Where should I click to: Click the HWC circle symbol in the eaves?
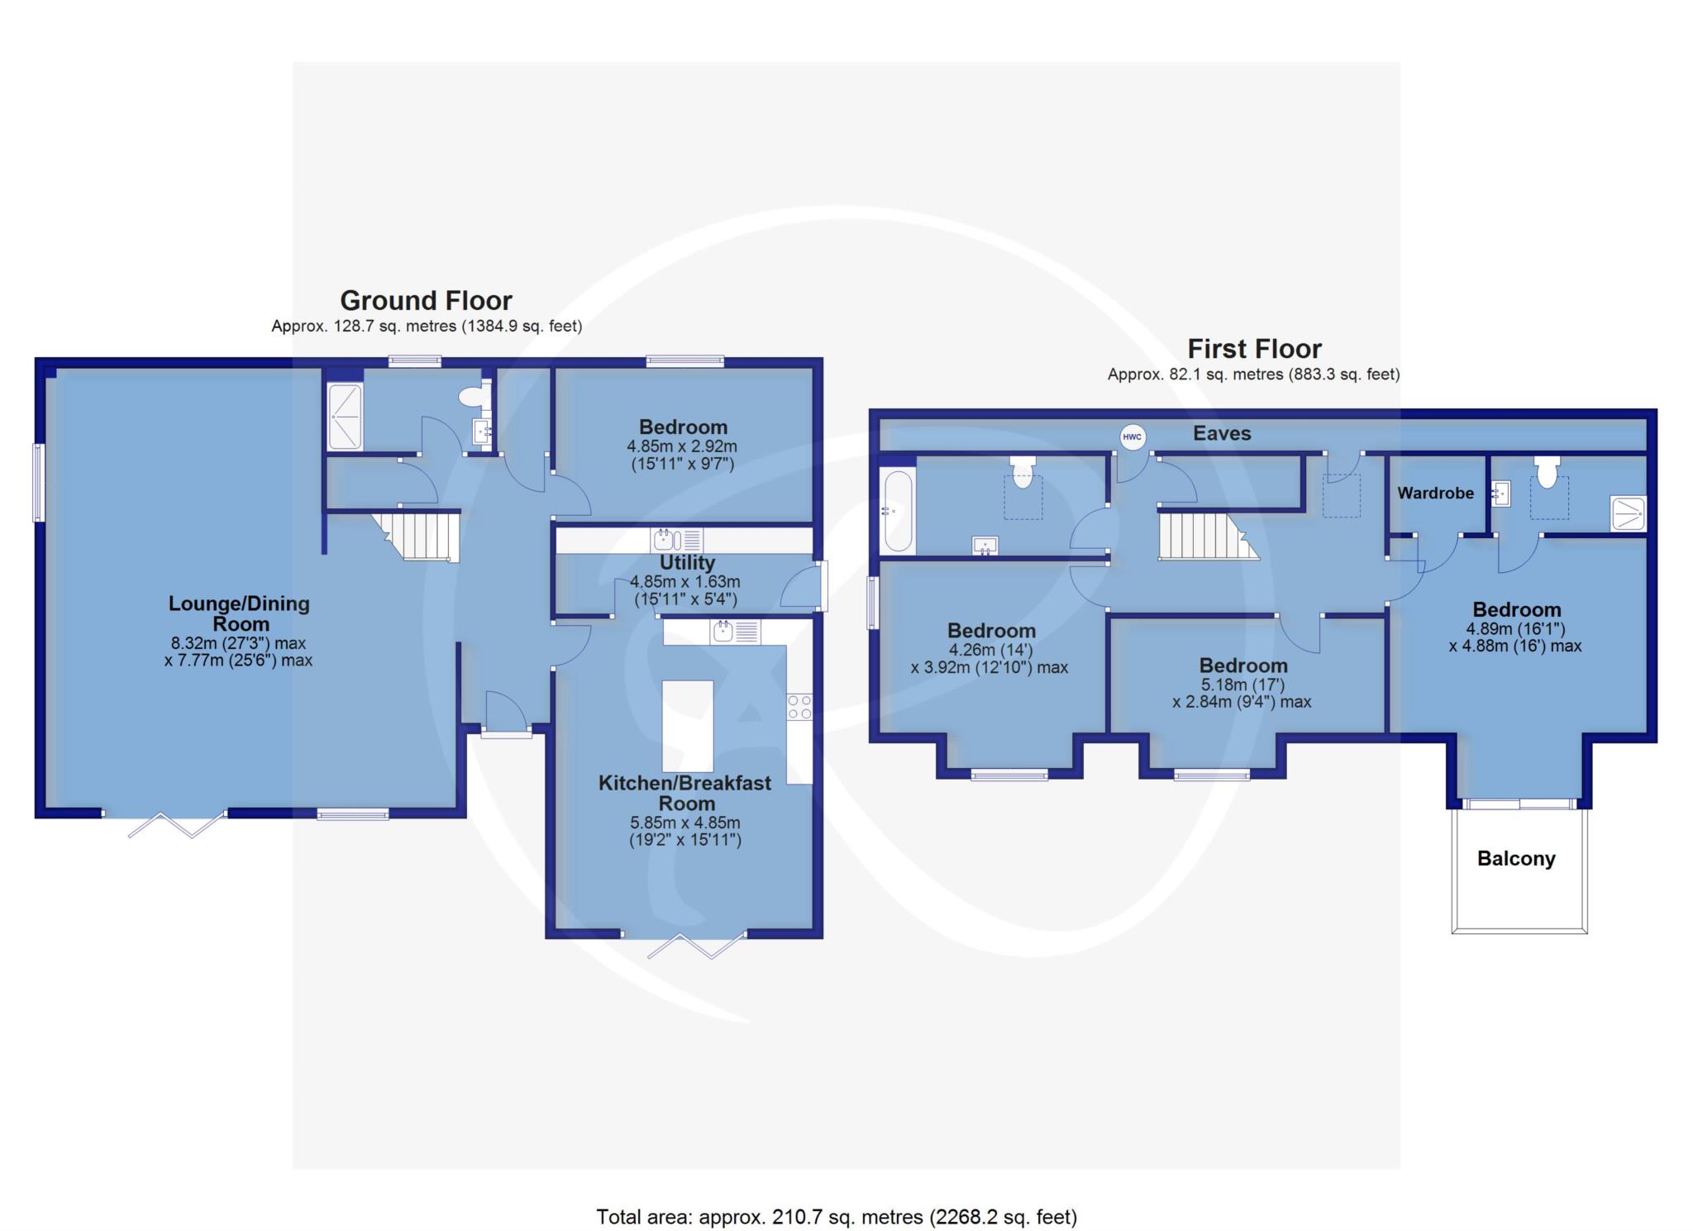[x=1133, y=437]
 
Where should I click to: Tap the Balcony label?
[x=1516, y=859]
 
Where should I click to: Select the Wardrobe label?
[x=1436, y=494]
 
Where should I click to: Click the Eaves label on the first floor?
[x=1222, y=433]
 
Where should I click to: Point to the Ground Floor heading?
[x=426, y=300]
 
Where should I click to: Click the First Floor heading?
[x=1254, y=348]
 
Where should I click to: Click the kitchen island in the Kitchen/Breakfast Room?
[x=688, y=726]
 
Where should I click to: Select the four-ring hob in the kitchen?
[x=799, y=708]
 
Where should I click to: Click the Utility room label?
[x=687, y=563]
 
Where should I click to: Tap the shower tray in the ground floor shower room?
[x=346, y=417]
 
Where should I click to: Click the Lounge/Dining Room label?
[x=239, y=613]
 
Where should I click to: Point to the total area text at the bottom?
[x=837, y=1217]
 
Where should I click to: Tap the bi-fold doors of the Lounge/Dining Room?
[x=176, y=824]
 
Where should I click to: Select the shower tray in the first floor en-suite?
[x=1628, y=513]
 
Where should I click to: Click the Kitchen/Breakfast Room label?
[x=685, y=793]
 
